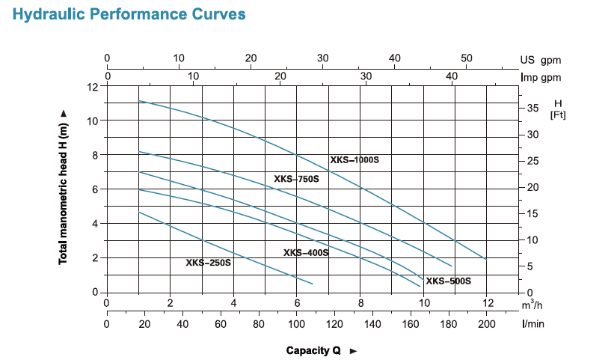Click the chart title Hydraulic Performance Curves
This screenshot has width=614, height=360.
pos(129,15)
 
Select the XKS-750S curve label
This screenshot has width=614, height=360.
pos(296,179)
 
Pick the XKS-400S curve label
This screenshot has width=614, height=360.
pos(306,253)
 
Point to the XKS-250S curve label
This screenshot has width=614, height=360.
pos(209,263)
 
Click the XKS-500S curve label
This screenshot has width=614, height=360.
pos(448,281)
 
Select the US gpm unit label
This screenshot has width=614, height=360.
pos(540,60)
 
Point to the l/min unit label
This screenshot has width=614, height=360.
pos(532,324)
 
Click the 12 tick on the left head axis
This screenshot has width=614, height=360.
pos(93,87)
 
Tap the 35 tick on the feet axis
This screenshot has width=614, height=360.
pos(532,109)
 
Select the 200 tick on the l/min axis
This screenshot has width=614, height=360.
pos(486,324)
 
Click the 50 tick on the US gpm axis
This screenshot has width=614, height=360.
pos(467,58)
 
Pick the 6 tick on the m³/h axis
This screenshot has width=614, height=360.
pos(297,304)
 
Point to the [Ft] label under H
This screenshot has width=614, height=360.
pos(557,115)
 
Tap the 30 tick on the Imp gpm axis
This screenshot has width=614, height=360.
pos(366,76)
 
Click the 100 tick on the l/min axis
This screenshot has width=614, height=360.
pos(297,324)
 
